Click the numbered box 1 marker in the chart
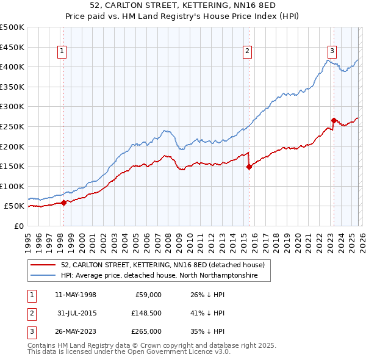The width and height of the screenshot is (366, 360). pos(63,52)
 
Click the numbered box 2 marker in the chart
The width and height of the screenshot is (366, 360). pos(248,52)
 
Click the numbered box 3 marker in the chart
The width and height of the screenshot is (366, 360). pos(332,52)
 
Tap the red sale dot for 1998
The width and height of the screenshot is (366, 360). pos(64,203)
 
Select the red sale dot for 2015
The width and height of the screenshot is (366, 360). pos(249,167)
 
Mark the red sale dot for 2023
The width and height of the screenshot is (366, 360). pos(334,120)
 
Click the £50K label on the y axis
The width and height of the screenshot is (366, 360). pos(15,207)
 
